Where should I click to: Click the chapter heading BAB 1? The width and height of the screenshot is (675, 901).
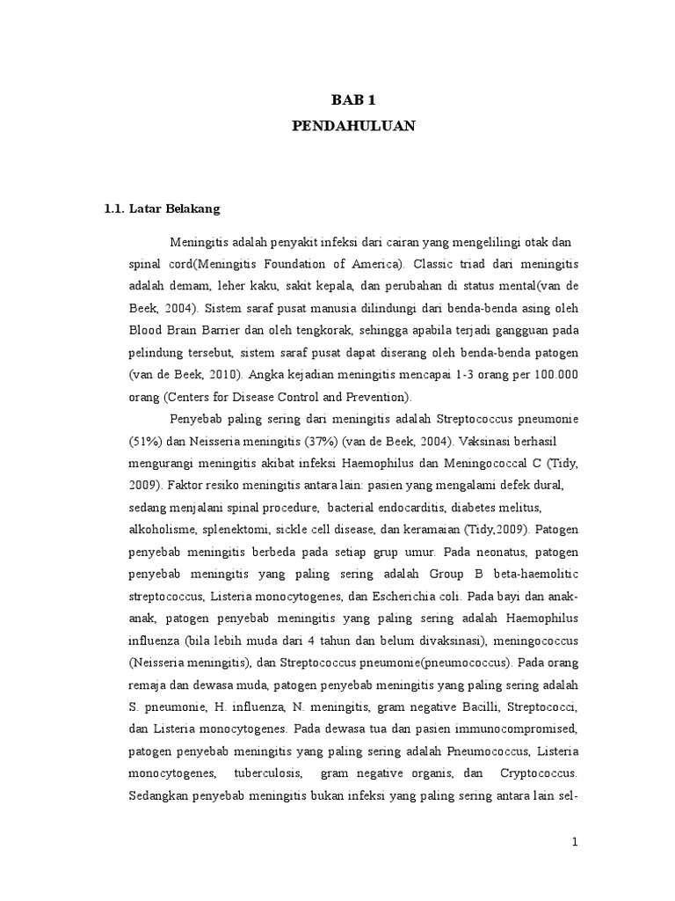[352, 101]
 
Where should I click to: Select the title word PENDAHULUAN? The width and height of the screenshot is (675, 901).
[352, 126]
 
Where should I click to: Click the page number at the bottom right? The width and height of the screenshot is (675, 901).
[574, 841]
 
